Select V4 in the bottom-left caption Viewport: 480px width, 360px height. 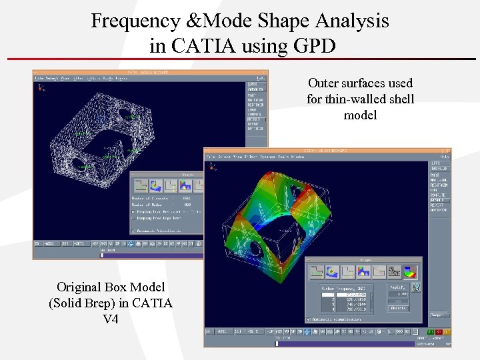coord(111,319)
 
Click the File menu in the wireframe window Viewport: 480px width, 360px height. coord(39,78)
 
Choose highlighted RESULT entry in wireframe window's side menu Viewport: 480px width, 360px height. coord(256,119)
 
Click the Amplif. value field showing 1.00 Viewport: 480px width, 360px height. coord(398,293)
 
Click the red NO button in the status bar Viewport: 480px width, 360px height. coord(439,331)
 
